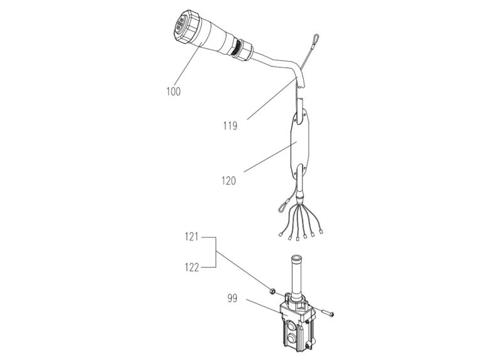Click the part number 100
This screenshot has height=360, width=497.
[173, 92]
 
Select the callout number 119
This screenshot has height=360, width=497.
[230, 126]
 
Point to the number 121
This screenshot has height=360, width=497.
[191, 238]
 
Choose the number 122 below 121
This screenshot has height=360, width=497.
[191, 267]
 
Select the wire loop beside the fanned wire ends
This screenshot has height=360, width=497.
[282, 204]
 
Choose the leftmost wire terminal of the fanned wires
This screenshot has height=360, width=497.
[281, 236]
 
